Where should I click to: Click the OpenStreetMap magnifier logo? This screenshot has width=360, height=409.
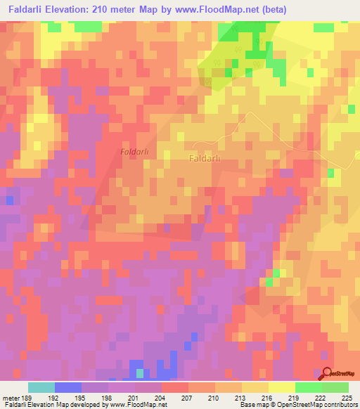click(328, 375)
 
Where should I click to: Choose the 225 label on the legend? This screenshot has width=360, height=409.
click(347, 398)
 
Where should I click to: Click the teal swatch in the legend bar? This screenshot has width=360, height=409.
click(41, 387)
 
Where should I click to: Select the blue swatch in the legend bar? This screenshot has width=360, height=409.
click(68, 387)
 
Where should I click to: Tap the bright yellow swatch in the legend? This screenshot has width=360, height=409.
click(281, 387)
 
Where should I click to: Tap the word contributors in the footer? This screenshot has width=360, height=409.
click(340, 405)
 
